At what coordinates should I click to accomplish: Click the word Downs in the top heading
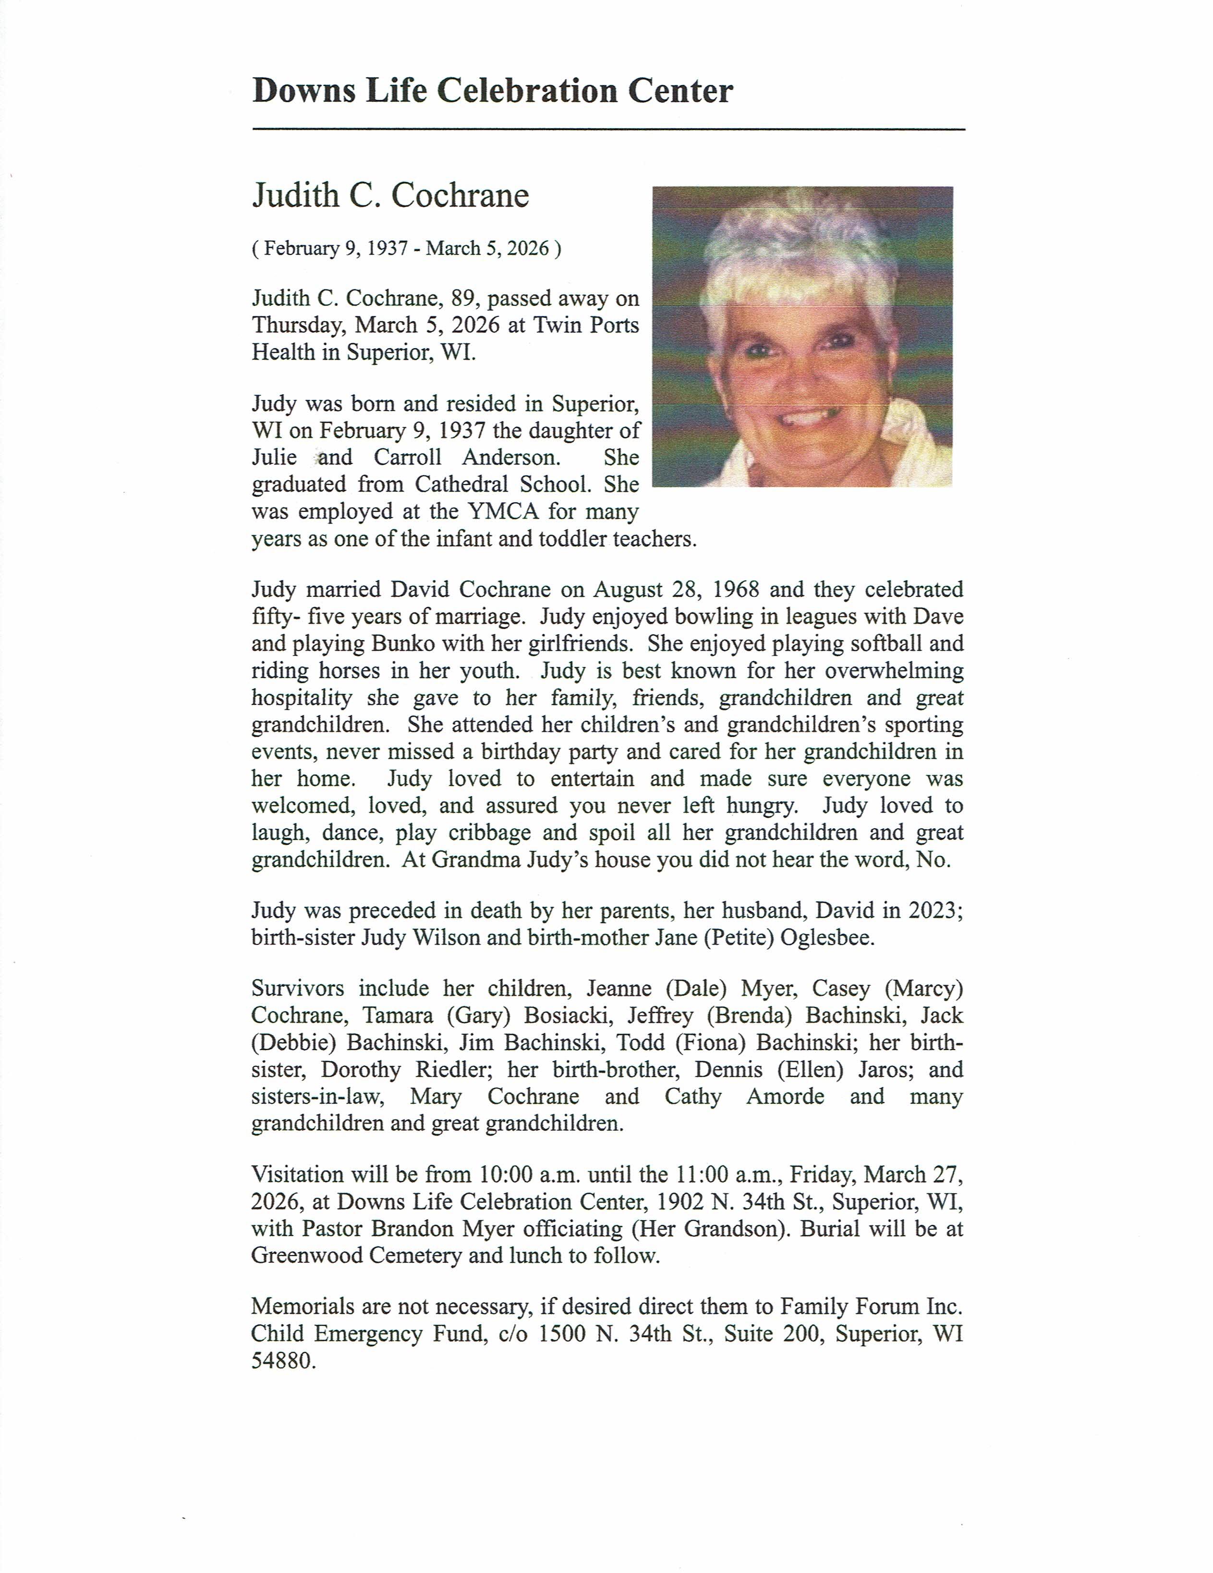pyautogui.click(x=303, y=91)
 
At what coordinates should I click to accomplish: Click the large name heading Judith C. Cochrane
pyautogui.click(x=390, y=196)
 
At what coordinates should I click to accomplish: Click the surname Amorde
pyautogui.click(x=785, y=1096)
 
